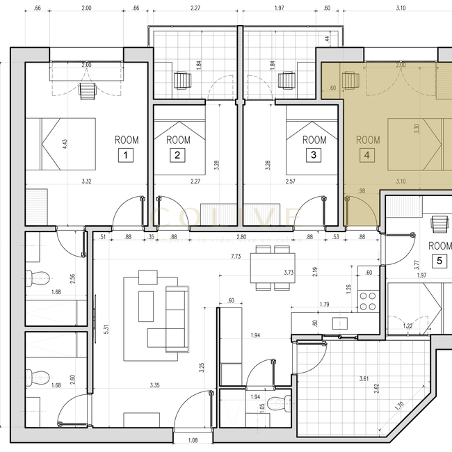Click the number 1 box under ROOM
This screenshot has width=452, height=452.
coord(125,156)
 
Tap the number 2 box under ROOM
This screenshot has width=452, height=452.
coord(178,156)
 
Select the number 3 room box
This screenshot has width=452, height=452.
coord(314,156)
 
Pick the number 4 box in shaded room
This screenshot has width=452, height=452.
coord(366,156)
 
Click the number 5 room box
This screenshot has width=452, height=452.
coord(439,261)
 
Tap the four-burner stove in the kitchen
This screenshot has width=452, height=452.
coord(366,301)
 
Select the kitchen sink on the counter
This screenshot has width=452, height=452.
coord(340,323)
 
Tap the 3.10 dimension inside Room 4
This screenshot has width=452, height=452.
coord(400,181)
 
